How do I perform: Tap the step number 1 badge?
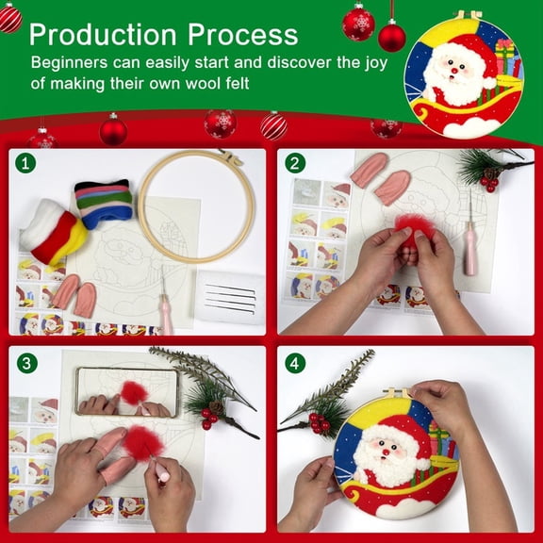(x=26, y=163)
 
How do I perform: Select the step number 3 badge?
(x=26, y=361)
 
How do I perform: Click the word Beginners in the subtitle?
(x=75, y=64)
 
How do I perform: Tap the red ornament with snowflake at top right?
(x=358, y=23)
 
